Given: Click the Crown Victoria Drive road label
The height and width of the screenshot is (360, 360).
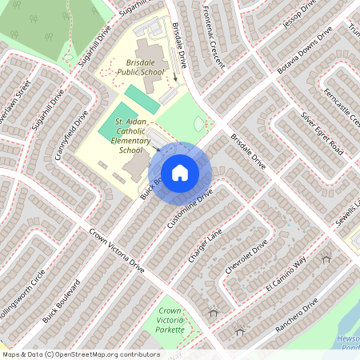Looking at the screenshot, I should (117, 253).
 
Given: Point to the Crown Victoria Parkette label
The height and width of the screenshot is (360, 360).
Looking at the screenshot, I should (171, 320).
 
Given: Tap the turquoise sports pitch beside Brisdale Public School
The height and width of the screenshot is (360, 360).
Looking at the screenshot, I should (141, 98).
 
